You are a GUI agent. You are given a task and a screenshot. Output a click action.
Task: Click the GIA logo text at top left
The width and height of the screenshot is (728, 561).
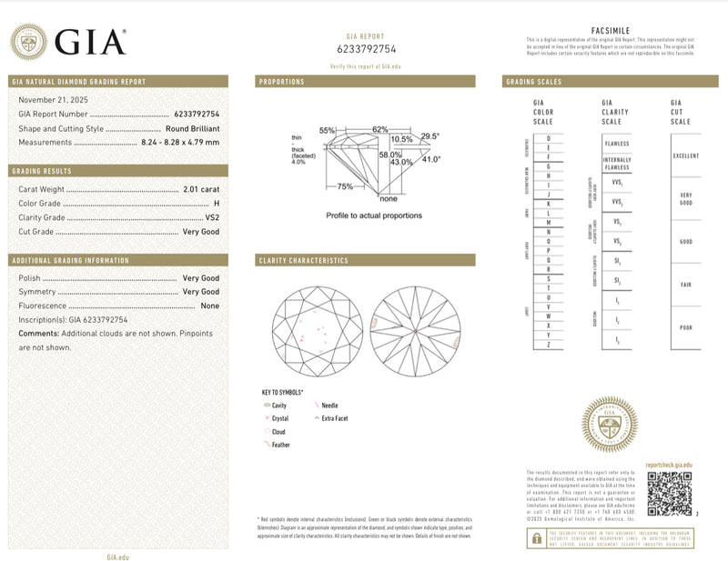[88, 42]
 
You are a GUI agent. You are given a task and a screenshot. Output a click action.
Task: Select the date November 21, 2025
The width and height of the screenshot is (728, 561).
[50, 99]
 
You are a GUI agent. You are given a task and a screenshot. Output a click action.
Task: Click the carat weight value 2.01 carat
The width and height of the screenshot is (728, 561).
[200, 188]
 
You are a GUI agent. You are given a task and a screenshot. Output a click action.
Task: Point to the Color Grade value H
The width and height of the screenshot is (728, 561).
[216, 203]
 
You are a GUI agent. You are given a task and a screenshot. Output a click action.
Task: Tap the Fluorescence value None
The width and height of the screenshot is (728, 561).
[209, 306]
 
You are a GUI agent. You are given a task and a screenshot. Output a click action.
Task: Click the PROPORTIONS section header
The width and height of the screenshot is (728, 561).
[282, 82]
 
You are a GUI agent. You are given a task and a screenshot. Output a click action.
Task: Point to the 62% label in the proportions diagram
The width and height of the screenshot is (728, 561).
[379, 129]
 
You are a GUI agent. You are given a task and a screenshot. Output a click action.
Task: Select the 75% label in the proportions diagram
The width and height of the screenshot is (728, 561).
[346, 186]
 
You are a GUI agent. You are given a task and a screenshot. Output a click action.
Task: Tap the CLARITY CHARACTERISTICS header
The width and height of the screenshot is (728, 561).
[304, 260]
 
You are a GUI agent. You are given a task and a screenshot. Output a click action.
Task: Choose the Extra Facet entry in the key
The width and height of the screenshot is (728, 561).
[335, 418]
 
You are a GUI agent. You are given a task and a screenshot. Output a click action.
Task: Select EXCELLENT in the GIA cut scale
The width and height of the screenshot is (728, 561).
[685, 155]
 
